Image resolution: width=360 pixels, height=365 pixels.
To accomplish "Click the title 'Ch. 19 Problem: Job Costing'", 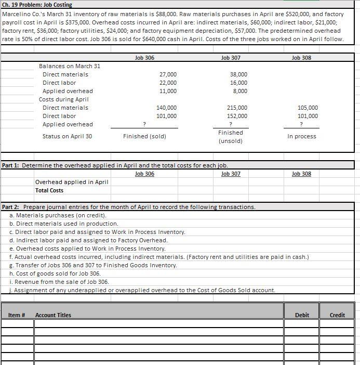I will coord(37,5).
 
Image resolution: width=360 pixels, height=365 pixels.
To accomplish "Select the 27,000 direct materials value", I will coord(167,74).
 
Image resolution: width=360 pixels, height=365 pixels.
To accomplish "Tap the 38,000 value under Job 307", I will coord(238,74).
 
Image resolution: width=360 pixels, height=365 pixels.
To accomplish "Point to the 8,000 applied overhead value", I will coord(240,91).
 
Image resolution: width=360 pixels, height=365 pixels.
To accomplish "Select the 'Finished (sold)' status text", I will coord(144,136).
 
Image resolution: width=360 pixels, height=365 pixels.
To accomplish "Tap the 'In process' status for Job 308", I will coord(301,136).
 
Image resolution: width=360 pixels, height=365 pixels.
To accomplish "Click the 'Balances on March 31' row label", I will coord(70,66).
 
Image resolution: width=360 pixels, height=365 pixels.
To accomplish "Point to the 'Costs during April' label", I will coord(64,99).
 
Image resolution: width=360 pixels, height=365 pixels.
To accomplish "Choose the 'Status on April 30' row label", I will coord(67,136).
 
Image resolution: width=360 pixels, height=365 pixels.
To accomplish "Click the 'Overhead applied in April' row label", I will coord(72,182).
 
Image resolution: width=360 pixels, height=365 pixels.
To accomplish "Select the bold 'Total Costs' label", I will coord(49,190).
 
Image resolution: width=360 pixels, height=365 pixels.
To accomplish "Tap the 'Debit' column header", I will coord(302,315).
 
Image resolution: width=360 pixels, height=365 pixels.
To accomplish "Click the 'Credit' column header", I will coord(337,315).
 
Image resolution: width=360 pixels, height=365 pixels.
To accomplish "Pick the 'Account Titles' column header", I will coord(54,315).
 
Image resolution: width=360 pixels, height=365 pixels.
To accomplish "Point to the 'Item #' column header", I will coord(17,315).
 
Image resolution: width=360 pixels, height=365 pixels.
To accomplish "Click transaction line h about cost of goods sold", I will coord(55,273).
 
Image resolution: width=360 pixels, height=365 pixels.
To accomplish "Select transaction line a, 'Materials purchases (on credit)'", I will coord(58,215).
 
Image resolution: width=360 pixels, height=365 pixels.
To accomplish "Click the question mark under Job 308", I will coord(302,124).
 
